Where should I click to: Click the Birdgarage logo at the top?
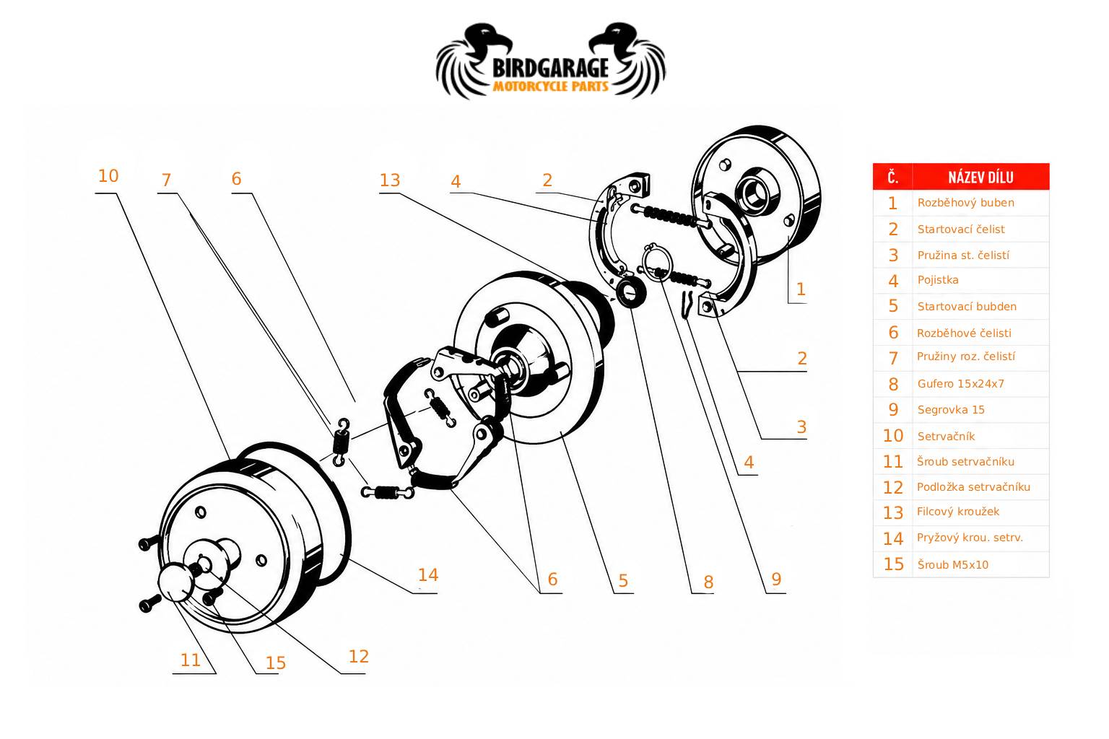551,61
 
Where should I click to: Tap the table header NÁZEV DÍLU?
980,178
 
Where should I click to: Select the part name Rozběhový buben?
965,203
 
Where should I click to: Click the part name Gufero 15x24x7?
960,384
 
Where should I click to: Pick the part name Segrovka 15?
951,410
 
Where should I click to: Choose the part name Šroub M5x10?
952,565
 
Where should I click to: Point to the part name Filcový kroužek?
957,512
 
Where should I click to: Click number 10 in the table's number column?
893,436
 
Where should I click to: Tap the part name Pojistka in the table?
938,280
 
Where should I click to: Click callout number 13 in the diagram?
390,180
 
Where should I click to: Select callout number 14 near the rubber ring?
427,574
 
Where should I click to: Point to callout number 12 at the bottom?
358,656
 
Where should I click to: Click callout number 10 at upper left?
108,176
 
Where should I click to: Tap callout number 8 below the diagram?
708,582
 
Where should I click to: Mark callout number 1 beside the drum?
801,289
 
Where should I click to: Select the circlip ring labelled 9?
656,263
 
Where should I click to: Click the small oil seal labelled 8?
630,292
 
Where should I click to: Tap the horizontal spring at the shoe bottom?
387,492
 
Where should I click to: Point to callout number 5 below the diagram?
623,581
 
